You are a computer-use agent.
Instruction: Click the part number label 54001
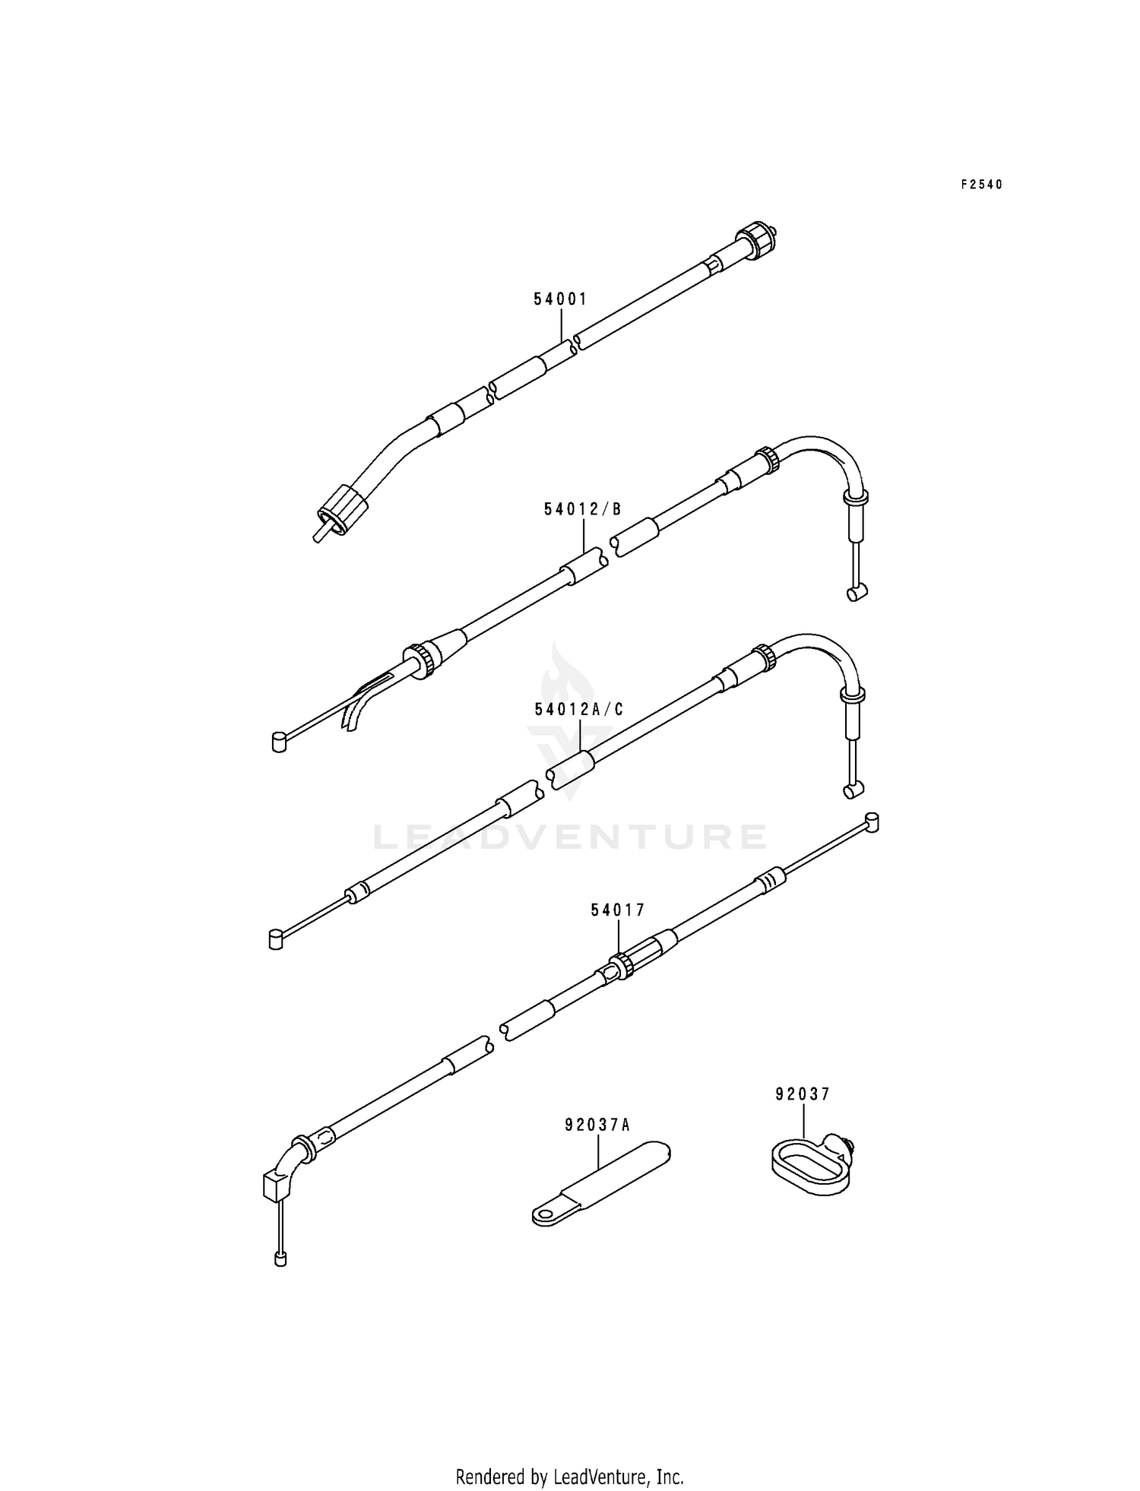[560, 299]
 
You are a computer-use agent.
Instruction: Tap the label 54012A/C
[579, 709]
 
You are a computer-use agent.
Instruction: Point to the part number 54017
[618, 909]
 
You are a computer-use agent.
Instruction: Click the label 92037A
[597, 1125]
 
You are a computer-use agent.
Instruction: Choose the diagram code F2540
[981, 184]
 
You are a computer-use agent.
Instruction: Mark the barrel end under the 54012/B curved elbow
[856, 594]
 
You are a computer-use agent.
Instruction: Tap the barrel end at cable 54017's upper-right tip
[871, 822]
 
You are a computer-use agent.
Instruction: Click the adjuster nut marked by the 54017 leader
[622, 966]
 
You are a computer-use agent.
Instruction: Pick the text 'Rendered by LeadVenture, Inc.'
[569, 1455]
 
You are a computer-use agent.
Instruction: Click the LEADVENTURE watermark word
[569, 837]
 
